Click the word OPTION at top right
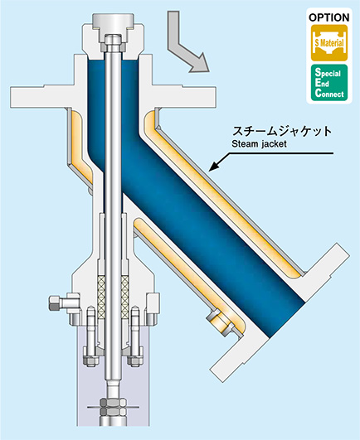pos(329,17)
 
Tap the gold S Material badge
pos(329,43)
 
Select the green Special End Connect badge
pos(329,83)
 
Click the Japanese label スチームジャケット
pos(282,131)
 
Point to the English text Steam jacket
pos(259,144)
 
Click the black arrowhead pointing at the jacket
pos(214,166)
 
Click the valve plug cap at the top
pos(114,22)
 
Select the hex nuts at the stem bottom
pos(113,407)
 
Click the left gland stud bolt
pos(90,336)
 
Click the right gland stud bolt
pos(135,336)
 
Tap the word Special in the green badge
pos(328,73)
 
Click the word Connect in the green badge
pos(329,93)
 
